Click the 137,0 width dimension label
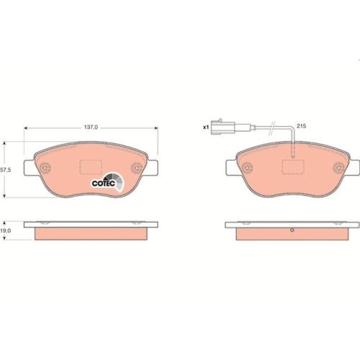coord(91,126)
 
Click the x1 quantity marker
coord(205,127)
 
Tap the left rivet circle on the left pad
coord(45,170)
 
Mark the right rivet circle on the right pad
coord(337,170)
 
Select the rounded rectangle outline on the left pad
coord(91,168)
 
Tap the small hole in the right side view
coord(292,231)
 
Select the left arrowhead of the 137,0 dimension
coord(27,130)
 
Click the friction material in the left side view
coord(91,235)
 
